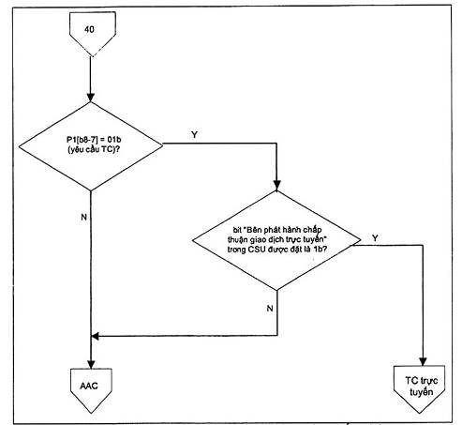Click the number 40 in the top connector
click(x=89, y=29)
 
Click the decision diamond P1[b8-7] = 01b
click(x=91, y=146)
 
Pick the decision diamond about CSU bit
click(x=276, y=240)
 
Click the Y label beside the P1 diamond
click(x=194, y=135)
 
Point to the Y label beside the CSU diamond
click(x=375, y=238)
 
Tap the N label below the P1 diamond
click(x=83, y=217)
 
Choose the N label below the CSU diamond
click(x=270, y=309)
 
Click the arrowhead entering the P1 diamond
click(x=91, y=98)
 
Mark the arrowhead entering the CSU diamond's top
click(x=276, y=186)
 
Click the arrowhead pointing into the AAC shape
click(x=91, y=364)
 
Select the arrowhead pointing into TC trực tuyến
click(x=423, y=361)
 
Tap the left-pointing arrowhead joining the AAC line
click(x=95, y=336)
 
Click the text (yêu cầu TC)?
click(x=94, y=149)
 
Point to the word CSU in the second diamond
click(x=257, y=250)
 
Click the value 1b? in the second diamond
click(x=320, y=250)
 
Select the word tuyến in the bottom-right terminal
click(x=422, y=392)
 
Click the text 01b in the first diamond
click(x=114, y=140)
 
